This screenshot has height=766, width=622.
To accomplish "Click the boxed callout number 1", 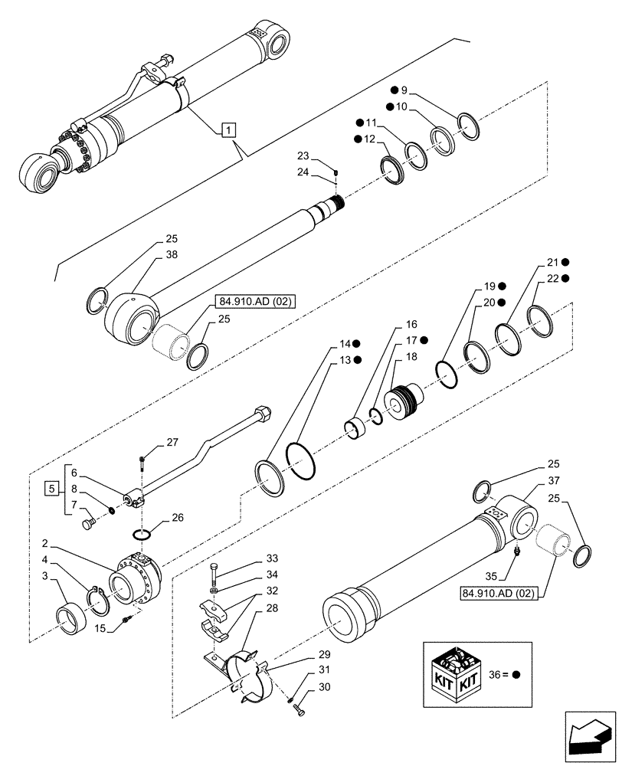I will coord(228,130).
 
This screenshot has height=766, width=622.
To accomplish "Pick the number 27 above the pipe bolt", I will coord(172,442).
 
